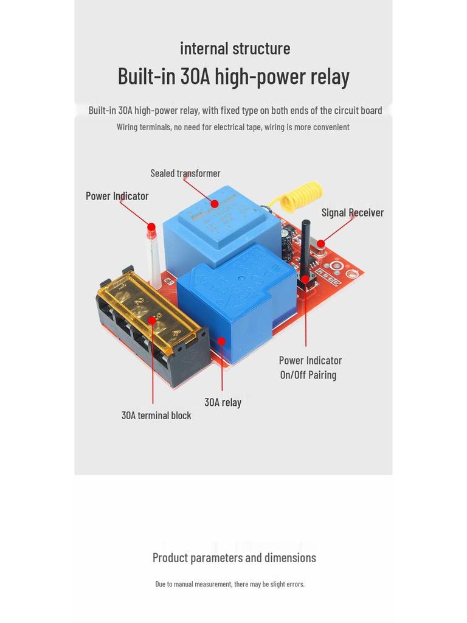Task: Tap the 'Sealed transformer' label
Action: click(x=185, y=173)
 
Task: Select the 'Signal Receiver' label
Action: click(x=352, y=212)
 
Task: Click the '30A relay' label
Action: click(x=223, y=402)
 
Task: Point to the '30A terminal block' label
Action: click(x=156, y=416)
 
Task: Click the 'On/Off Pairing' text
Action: click(x=308, y=375)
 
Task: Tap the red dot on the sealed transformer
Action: click(x=214, y=204)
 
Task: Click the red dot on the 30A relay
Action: click(x=221, y=341)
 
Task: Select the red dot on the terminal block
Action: click(x=151, y=321)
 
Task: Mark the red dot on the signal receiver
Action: click(x=320, y=244)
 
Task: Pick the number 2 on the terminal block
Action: click(x=139, y=302)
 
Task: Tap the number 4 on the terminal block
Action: click(x=176, y=333)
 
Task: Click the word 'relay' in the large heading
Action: click(x=330, y=77)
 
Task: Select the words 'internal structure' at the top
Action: click(x=235, y=48)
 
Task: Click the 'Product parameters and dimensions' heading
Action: click(x=234, y=557)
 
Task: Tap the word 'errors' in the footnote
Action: click(x=295, y=584)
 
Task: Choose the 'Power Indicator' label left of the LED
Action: click(x=117, y=196)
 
